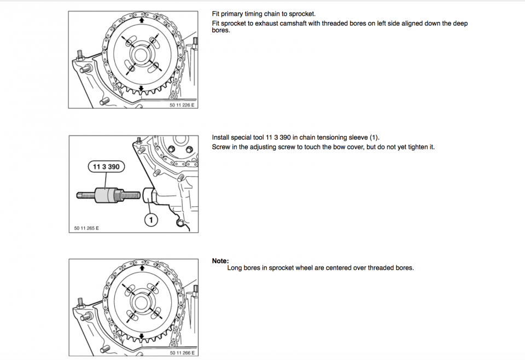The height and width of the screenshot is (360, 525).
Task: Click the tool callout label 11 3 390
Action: pos(106,167)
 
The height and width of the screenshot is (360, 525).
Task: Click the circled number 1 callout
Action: pos(151,220)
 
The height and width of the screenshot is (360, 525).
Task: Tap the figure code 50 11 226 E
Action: pos(182,105)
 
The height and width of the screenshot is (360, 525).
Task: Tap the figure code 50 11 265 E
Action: pos(86,228)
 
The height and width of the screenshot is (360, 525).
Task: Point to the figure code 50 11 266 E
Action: pos(182,353)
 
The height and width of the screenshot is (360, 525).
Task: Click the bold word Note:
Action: pos(220,261)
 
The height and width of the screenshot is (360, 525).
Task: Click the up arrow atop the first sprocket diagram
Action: pos(142,20)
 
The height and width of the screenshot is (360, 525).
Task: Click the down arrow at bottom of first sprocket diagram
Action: pos(142,88)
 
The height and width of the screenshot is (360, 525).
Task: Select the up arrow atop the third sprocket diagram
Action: pos(142,268)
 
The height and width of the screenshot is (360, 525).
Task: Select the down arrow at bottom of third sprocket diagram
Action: pos(142,336)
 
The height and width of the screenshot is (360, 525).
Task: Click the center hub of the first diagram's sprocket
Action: pos(141,54)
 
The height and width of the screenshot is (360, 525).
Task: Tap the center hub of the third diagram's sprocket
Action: pos(142,301)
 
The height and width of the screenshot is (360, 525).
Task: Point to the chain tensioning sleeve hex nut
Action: pos(148,195)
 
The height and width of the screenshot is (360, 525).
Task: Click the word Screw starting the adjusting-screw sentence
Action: pos(220,147)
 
